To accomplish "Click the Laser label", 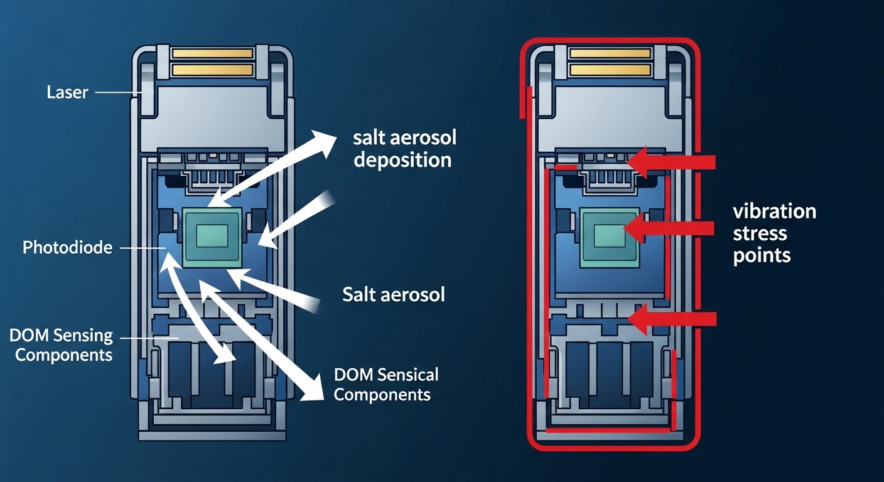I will coord(67,93).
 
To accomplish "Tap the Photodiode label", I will coord(67,248).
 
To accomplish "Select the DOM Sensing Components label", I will coord(62,345).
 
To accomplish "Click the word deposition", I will coord(402,159).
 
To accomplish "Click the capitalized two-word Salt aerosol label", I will coord(394,294).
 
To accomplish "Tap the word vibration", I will coord(775,211).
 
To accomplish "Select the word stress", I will coord(760,233).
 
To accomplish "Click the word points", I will coord(762,256).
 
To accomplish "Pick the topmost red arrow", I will coord(672,163).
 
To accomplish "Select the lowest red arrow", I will coord(672,319).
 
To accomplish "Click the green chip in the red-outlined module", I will coord(610,236).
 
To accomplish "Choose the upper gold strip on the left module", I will coord(212,53).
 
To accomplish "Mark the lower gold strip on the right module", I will coord(610,69).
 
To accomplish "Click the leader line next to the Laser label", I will coord(117,93).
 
